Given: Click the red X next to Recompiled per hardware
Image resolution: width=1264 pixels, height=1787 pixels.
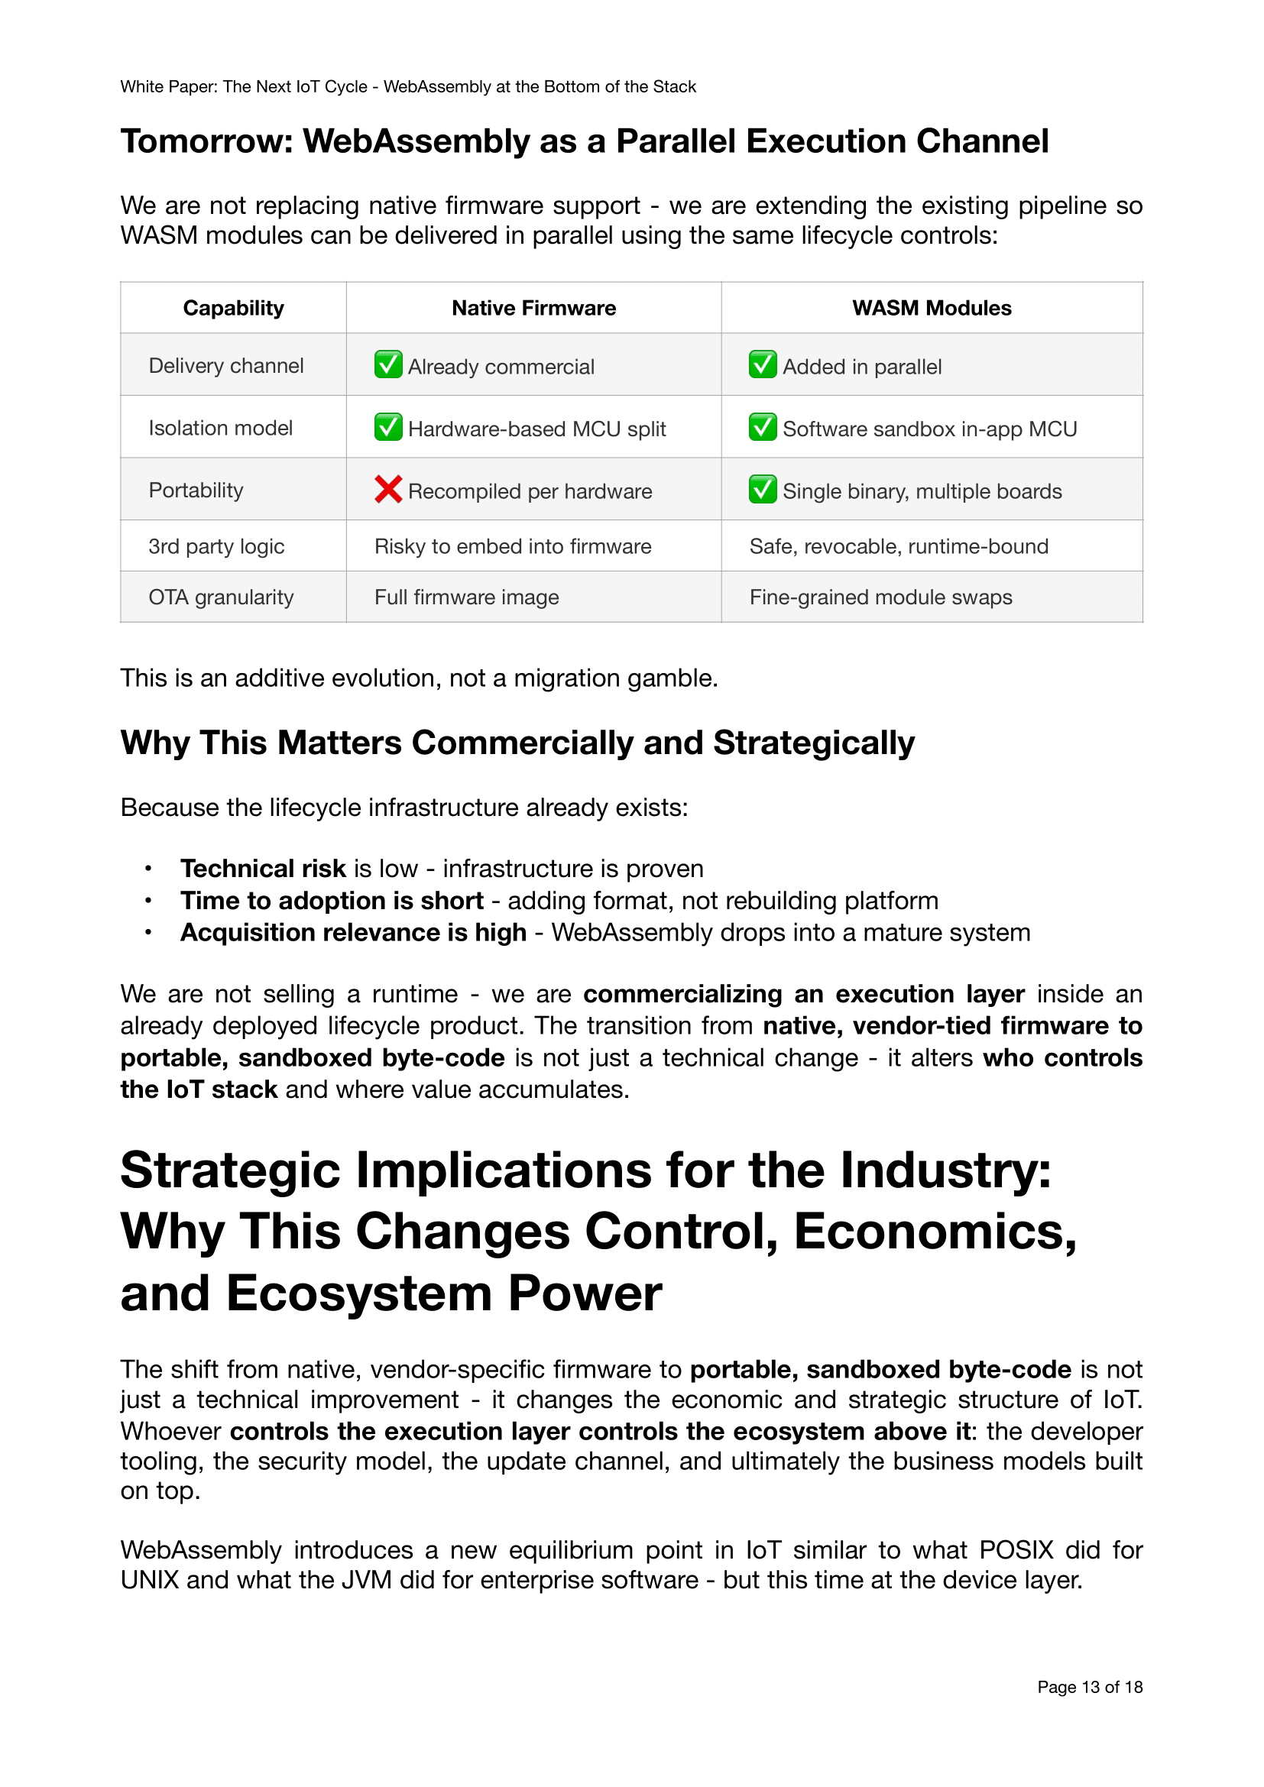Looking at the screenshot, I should tap(387, 490).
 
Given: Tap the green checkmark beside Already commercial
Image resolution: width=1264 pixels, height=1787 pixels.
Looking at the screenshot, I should tap(387, 365).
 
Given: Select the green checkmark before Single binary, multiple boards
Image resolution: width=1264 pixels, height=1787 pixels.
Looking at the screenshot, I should tap(762, 490).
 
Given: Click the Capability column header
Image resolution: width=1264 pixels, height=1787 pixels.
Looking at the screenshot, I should tap(234, 308).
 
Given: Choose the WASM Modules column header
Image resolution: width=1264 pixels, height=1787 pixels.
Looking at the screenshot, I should tap(932, 308).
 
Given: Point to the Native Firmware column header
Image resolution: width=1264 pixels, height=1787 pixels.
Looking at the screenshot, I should tap(534, 308).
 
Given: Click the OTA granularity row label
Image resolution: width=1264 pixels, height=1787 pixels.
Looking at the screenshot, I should tap(221, 597).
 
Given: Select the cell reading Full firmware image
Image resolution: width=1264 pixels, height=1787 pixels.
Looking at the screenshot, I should tap(466, 597).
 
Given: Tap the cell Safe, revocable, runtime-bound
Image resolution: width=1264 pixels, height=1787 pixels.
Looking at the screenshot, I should tap(898, 546).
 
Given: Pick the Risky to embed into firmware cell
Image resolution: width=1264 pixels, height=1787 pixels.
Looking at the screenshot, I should tap(512, 546).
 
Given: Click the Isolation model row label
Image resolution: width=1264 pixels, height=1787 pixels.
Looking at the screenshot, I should tap(220, 428).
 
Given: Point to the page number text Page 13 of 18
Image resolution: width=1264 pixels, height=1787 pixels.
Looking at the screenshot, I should tap(1090, 1687).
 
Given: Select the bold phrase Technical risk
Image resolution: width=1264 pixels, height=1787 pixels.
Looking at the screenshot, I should tap(263, 869).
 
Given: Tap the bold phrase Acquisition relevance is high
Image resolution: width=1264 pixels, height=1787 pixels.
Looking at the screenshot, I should tap(353, 932).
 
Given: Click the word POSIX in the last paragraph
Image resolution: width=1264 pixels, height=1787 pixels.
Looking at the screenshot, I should tap(1016, 1549).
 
